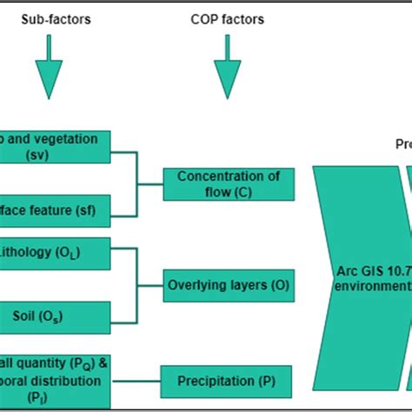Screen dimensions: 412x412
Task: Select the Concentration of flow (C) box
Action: (229, 184)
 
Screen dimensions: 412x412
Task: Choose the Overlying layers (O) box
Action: (229, 284)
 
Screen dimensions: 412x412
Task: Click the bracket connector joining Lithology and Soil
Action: (137, 284)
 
